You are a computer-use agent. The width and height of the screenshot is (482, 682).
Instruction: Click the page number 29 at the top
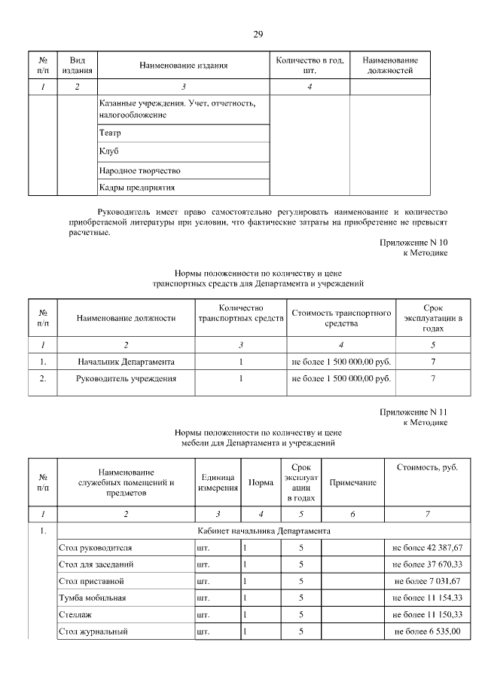coord(258,34)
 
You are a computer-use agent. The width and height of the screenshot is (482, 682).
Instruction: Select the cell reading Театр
coord(110,133)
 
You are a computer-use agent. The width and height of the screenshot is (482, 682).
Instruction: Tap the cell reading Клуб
coord(109,151)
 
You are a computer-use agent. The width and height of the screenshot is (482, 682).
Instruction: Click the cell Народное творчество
coord(139,170)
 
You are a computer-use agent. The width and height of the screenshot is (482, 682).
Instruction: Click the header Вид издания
coord(78,66)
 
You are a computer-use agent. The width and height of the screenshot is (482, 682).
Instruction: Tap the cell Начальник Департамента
coord(126,362)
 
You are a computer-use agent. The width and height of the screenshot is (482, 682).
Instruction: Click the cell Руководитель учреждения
coord(126,378)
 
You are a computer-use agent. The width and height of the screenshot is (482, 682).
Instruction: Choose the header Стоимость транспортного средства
coord(340,318)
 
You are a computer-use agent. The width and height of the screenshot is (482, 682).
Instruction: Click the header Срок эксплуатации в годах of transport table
coord(433,318)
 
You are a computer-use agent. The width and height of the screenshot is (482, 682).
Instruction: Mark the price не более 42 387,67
coord(427,548)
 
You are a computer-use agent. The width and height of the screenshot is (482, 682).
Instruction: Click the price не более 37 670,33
coord(427,564)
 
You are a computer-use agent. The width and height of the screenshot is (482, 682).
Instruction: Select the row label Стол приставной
coord(90,581)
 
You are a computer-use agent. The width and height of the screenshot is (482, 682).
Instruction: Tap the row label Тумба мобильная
coord(92,598)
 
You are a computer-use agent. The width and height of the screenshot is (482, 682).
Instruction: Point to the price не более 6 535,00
coord(427,631)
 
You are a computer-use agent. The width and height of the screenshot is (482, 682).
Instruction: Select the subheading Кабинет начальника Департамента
coord(261,531)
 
